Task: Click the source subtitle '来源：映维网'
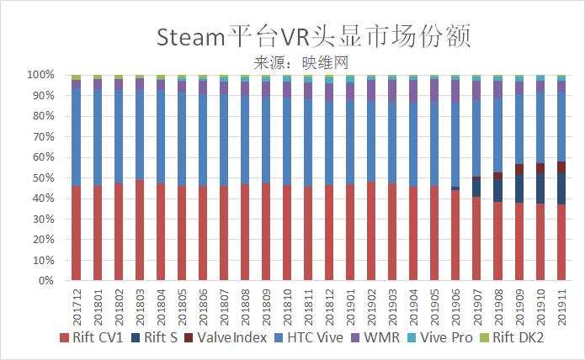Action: tap(300, 61)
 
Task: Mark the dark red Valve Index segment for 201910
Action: tap(540, 168)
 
